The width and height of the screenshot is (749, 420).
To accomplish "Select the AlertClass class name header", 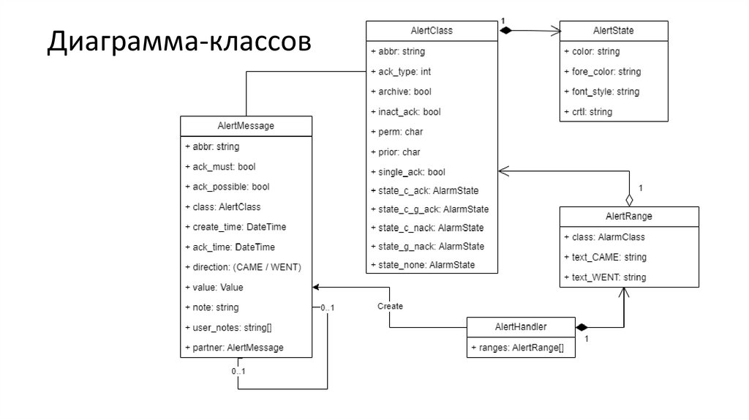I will (432, 31).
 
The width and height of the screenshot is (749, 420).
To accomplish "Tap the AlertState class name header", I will (613, 31).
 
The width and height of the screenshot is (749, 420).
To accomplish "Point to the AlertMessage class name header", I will (246, 126).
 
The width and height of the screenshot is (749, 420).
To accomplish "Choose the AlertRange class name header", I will (628, 217).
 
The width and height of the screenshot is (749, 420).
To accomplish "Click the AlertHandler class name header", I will (521, 327).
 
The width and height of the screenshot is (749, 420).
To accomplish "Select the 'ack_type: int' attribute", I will (401, 72).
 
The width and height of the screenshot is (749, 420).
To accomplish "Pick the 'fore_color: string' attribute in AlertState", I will (602, 72).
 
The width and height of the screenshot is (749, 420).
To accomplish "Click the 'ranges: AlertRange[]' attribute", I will (517, 348).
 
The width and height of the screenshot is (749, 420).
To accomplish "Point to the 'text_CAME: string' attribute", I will (605, 258).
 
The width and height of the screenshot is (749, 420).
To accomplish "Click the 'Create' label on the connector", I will (390, 306).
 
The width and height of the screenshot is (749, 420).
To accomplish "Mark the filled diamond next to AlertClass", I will (506, 31).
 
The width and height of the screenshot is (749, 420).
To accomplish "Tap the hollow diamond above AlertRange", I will (628, 199).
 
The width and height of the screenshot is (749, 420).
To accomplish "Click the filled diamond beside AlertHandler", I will (582, 327).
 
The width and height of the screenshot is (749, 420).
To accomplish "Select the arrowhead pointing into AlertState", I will (555, 31).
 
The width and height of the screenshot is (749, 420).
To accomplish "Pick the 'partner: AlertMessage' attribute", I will (234, 348).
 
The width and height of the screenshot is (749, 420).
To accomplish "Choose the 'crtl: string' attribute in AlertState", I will (588, 112).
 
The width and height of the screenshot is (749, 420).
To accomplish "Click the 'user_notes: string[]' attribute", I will (233, 327).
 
